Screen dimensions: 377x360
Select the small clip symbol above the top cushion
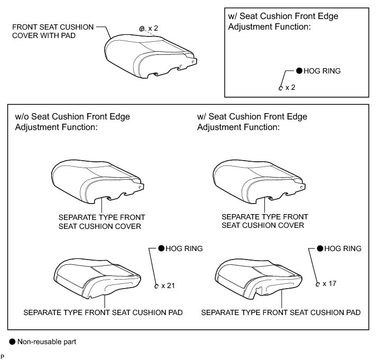coord(142,29)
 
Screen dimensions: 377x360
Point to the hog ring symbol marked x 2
coord(280,88)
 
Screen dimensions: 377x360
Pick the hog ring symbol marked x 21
coord(157,287)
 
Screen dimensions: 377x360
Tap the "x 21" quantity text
coord(168,286)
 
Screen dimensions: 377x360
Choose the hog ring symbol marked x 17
coord(317,284)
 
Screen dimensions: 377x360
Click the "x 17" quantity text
coord(328,283)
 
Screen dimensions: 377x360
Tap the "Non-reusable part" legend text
coord(47,342)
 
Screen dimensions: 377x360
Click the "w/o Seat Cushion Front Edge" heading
coord(72,117)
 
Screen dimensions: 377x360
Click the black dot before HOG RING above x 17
coord(319,248)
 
